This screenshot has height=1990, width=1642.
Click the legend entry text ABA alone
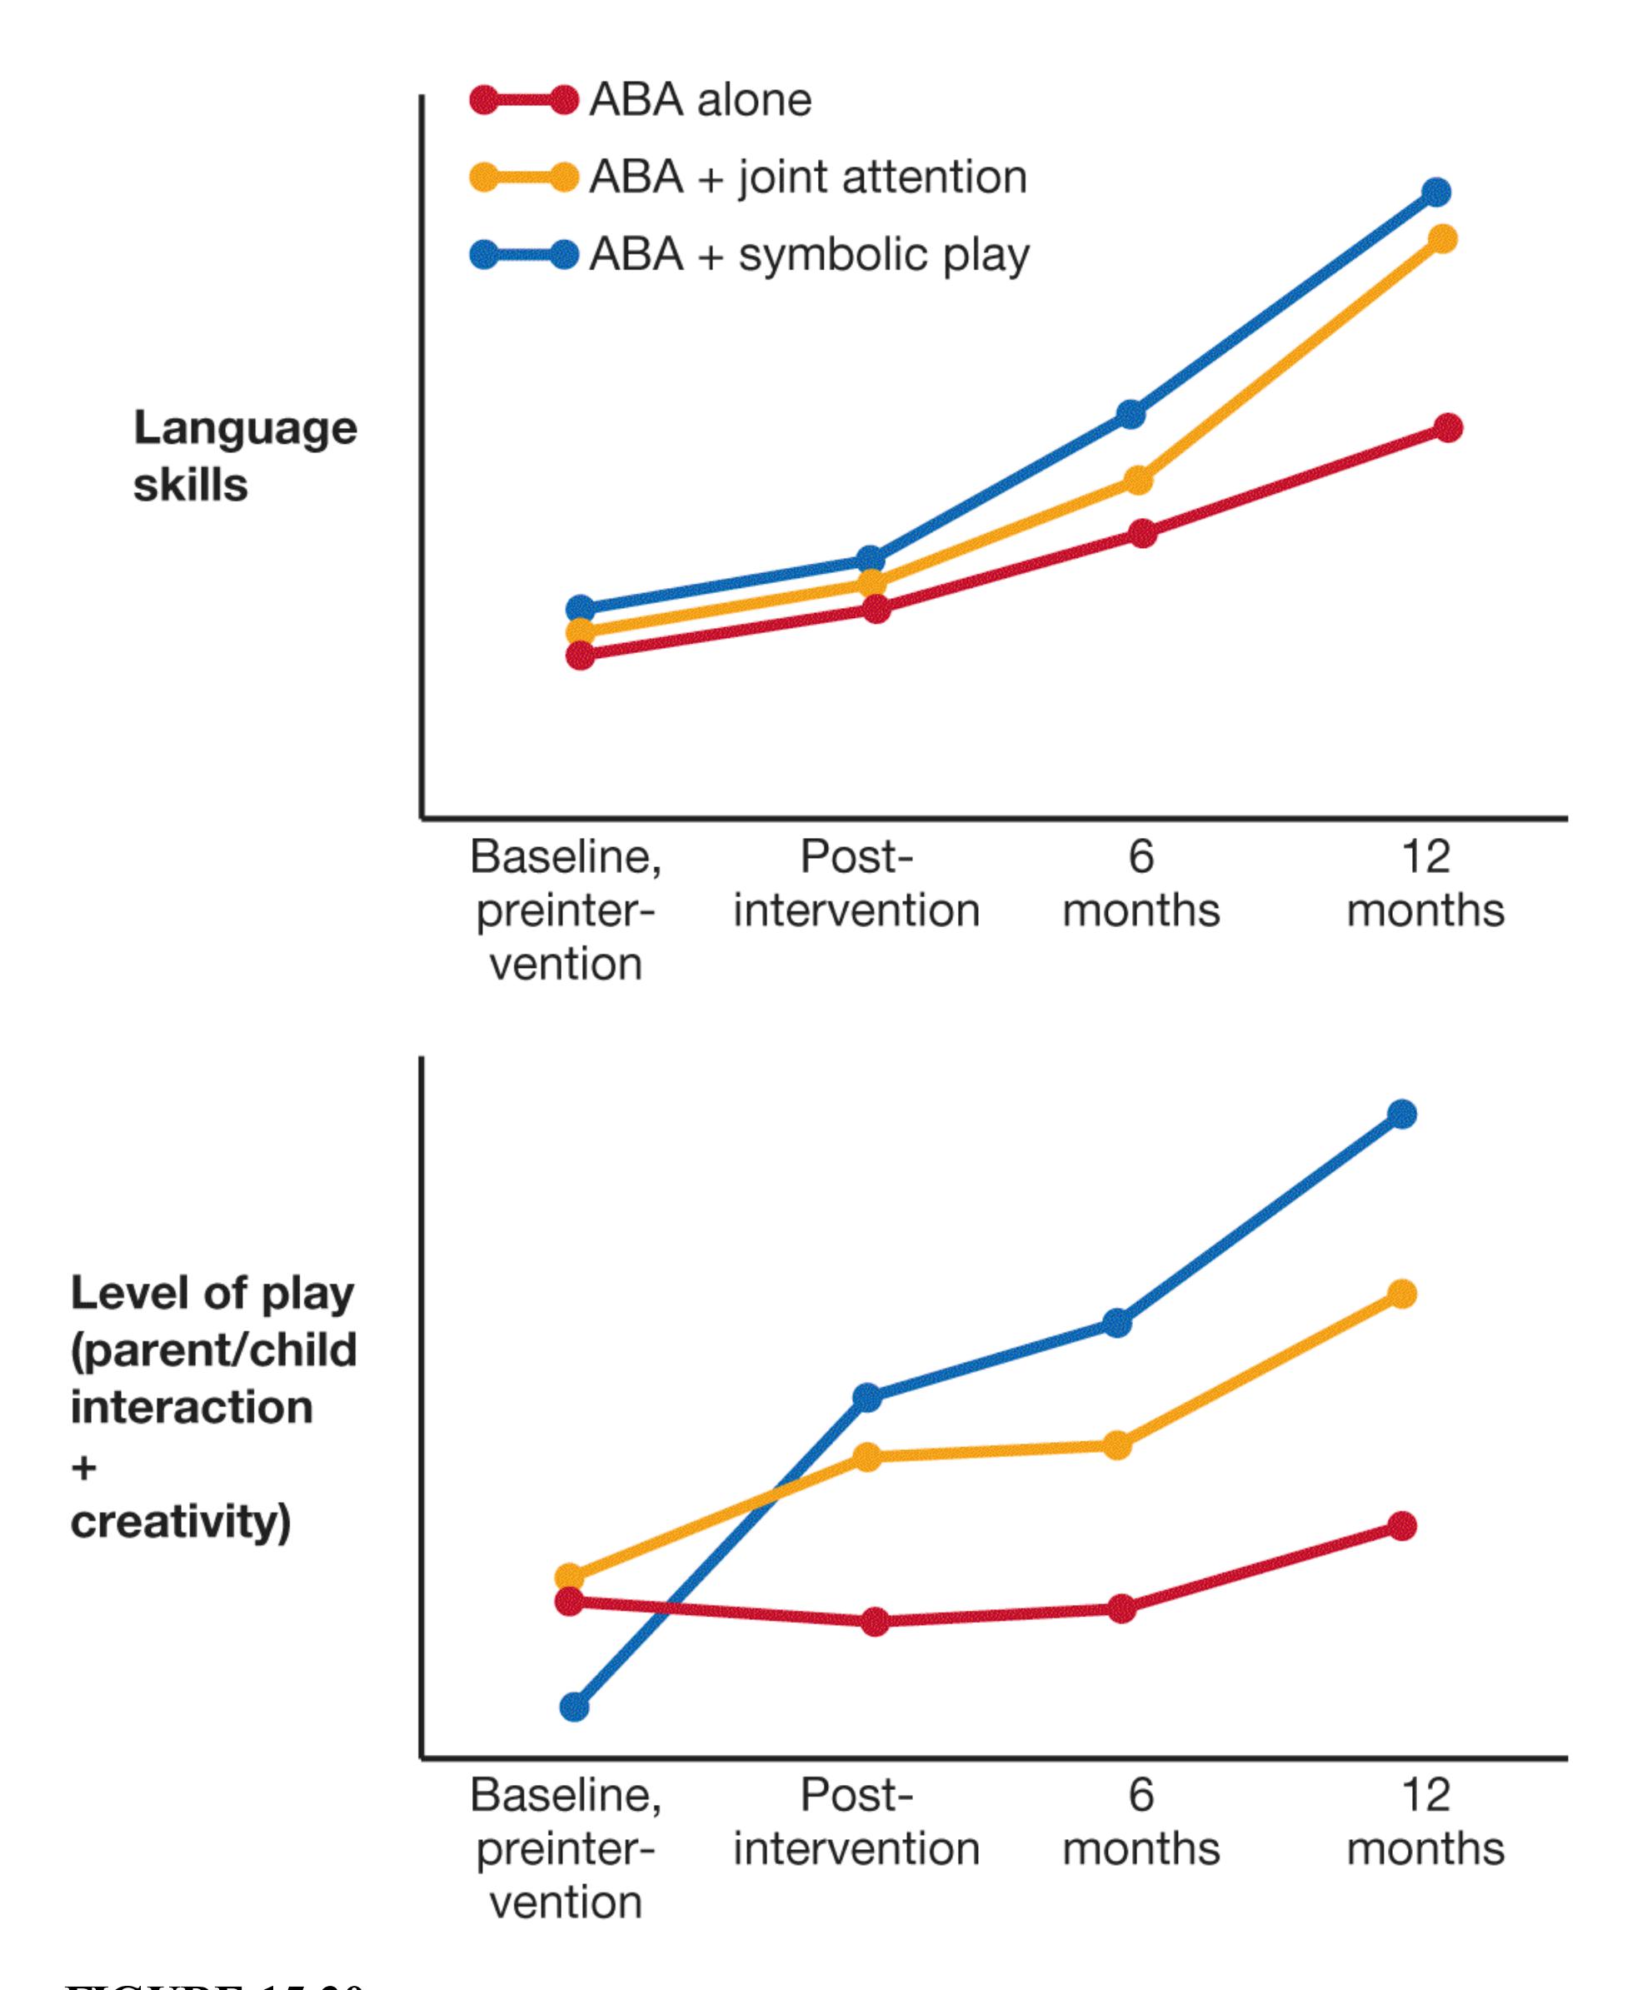(x=700, y=100)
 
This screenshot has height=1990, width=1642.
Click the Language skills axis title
(x=245, y=456)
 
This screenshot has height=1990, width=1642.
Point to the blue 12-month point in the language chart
(x=1435, y=192)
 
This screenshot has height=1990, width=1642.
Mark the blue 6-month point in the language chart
(x=1131, y=414)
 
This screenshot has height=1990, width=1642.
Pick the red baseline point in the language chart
(x=581, y=656)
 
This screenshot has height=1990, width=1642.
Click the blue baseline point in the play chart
(x=574, y=1707)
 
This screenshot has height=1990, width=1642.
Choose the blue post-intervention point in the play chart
(x=867, y=1397)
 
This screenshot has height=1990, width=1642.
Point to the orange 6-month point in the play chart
(x=1118, y=1445)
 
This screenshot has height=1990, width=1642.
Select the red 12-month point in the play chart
(x=1403, y=1525)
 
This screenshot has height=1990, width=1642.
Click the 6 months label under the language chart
(x=1140, y=884)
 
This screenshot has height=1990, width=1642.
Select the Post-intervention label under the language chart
(x=856, y=884)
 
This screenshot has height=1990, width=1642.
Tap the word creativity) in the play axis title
(x=181, y=1522)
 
